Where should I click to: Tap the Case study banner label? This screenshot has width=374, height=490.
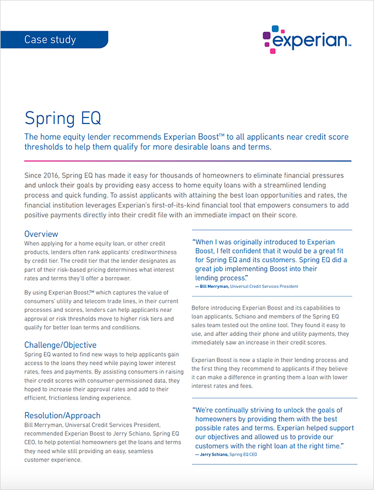coord(50,39)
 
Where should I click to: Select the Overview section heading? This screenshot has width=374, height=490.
coord(41,234)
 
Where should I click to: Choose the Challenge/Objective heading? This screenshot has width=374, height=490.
coord(60,345)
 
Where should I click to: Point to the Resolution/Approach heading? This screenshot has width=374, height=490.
coord(62,415)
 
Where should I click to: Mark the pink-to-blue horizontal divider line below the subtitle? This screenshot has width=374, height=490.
coord(187,161)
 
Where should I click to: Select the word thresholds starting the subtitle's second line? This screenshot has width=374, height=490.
coord(45,147)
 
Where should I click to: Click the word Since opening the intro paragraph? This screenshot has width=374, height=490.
coord(34,176)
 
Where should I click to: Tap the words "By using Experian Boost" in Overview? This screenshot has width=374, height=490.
coord(60,293)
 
